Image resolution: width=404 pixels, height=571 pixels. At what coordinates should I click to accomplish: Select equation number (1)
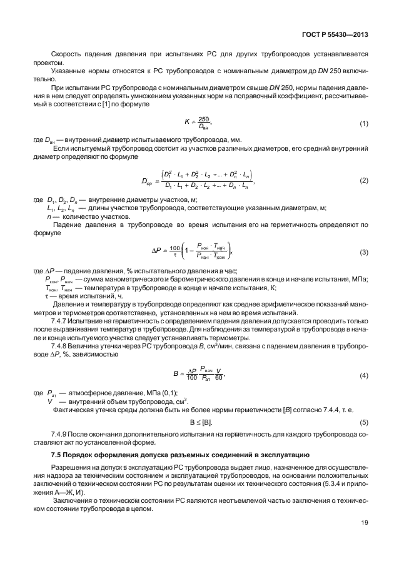coord(363,124)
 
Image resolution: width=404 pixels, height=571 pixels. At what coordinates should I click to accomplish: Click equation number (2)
coord(363,181)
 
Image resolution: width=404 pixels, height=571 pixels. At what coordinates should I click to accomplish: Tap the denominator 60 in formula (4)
coord(218,378)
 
